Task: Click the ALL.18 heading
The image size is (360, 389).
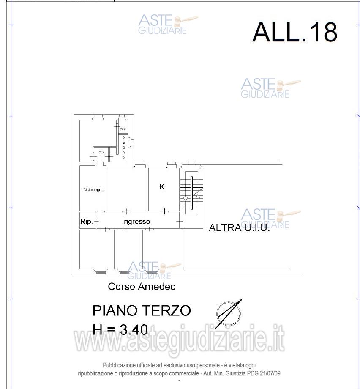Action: tap(295, 32)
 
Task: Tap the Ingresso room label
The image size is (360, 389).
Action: tap(136, 222)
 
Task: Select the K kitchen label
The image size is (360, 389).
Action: tap(162, 186)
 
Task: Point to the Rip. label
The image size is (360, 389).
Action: tap(86, 222)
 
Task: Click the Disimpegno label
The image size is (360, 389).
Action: tap(93, 190)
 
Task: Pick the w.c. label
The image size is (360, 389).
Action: tap(123, 129)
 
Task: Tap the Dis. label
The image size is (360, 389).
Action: tap(101, 153)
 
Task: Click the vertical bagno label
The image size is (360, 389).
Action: tap(124, 147)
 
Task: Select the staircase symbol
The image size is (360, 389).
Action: tap(191, 192)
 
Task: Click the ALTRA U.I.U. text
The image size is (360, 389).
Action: tap(239, 228)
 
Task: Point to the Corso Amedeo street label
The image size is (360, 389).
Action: tap(142, 287)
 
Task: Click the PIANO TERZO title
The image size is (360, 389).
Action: tap(142, 311)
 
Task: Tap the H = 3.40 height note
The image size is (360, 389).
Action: tap(120, 329)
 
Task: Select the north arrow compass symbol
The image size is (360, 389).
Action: tap(229, 314)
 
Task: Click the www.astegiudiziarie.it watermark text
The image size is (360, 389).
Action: tap(180, 340)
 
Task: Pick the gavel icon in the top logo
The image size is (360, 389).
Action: tap(186, 19)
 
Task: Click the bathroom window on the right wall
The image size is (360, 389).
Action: tap(132, 142)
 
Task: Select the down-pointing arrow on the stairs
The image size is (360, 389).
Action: tap(185, 198)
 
